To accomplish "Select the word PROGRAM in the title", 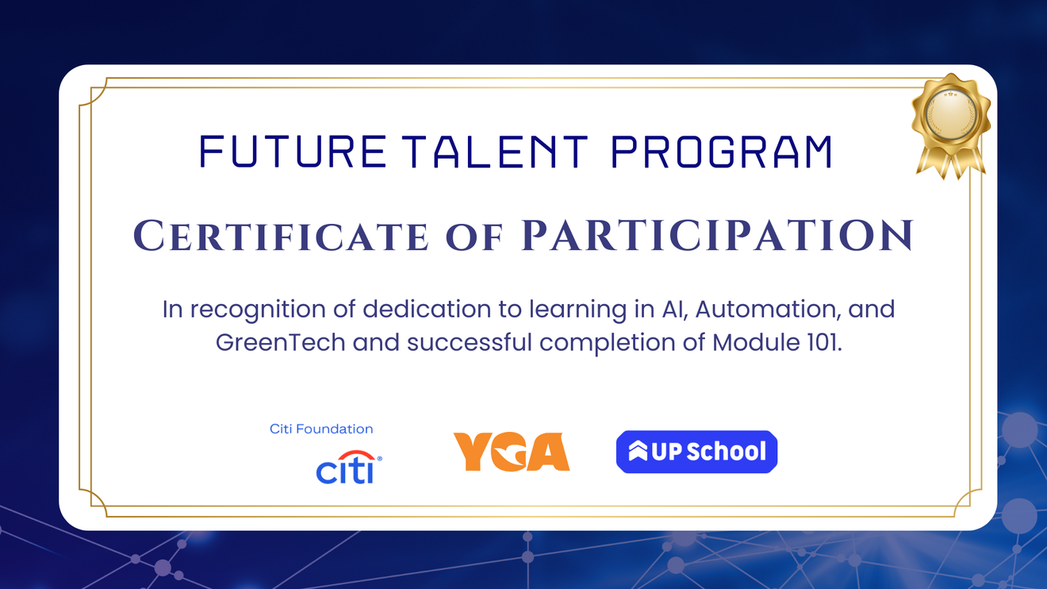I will tap(721, 152).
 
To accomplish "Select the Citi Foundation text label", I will tap(321, 429).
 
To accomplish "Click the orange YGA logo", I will tap(511, 452).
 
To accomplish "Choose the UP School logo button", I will tap(696, 452).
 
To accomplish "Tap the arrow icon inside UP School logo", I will tap(638, 452).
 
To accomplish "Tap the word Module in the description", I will tap(752, 343).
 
